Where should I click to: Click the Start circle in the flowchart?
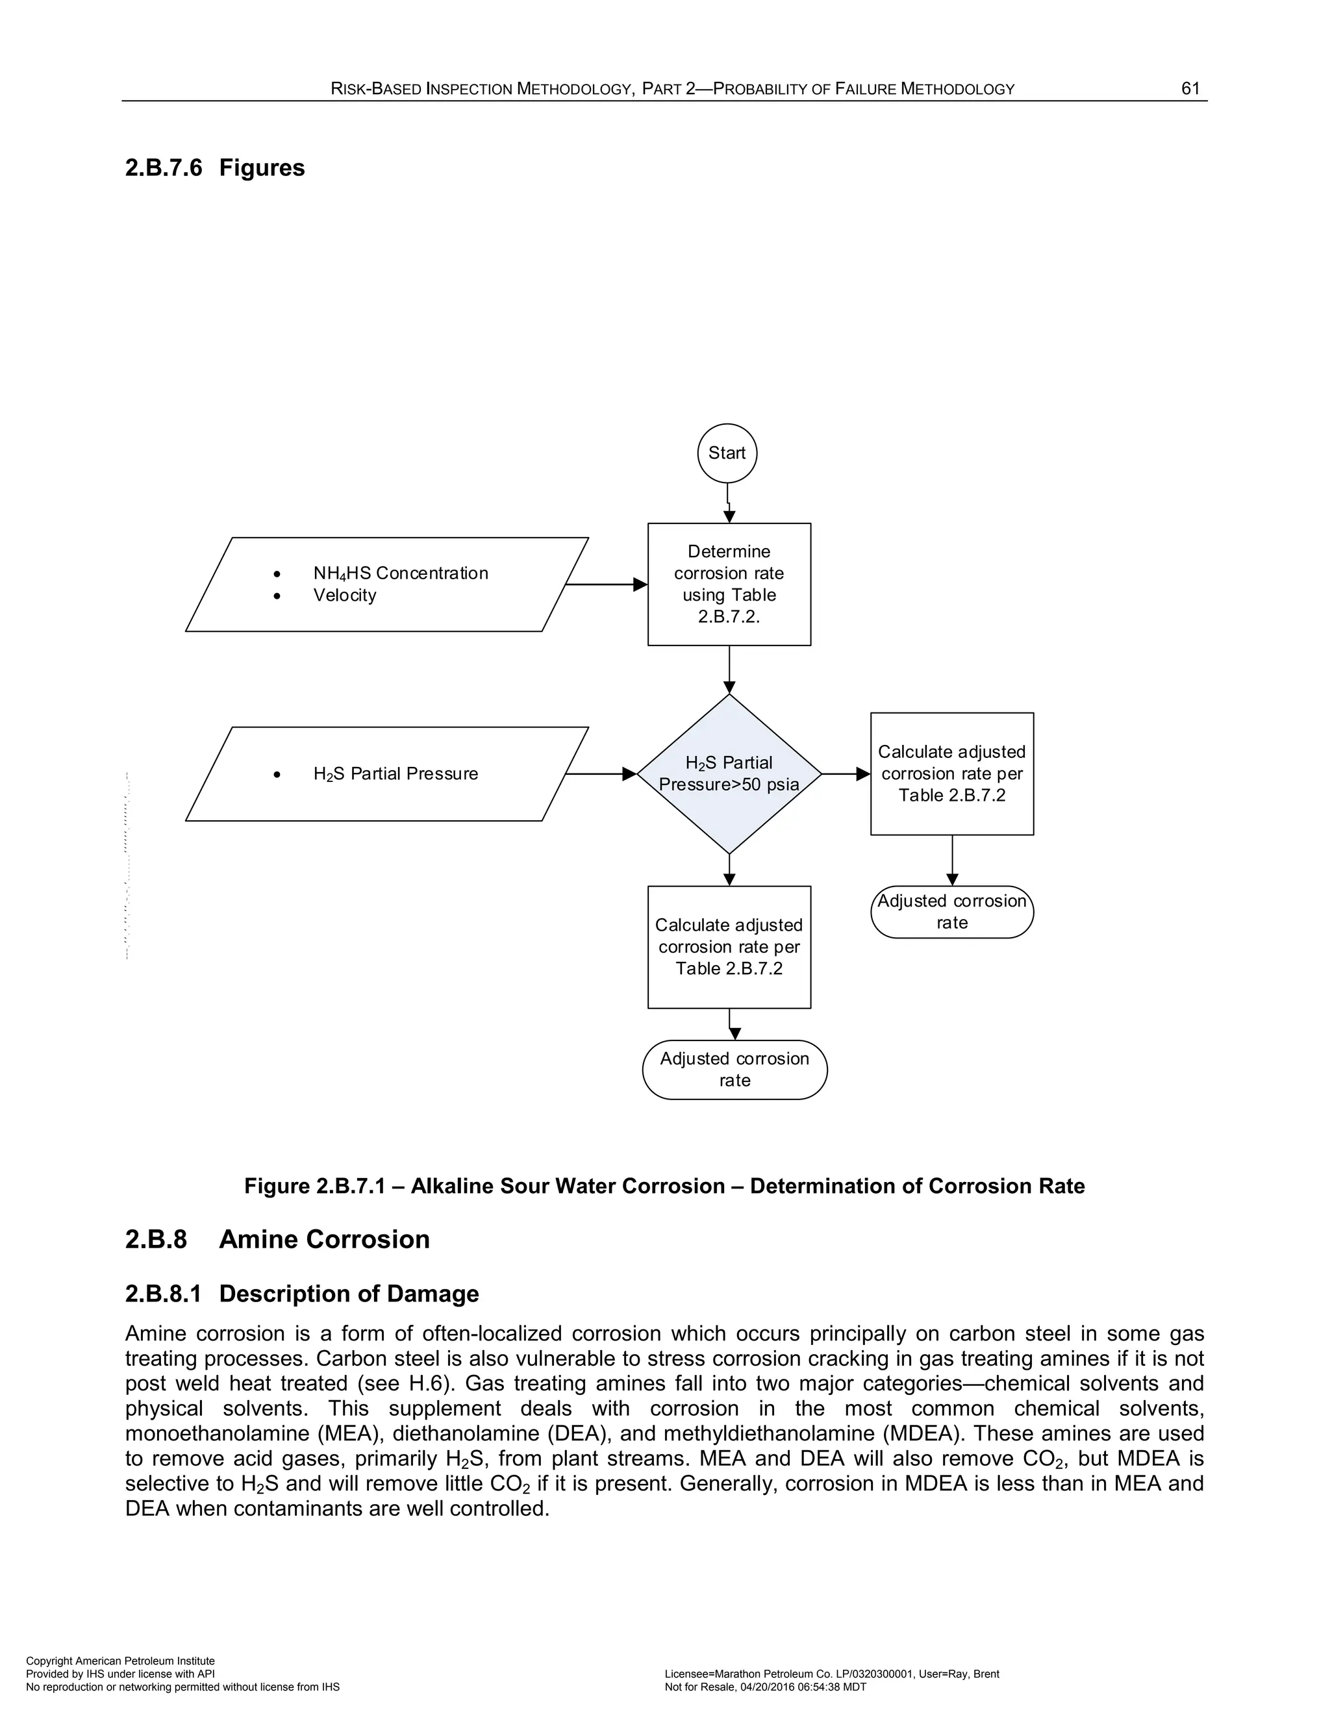(727, 453)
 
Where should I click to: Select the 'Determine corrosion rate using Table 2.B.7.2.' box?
(729, 584)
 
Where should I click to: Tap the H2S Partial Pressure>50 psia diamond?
(729, 774)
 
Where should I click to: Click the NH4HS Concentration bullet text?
(400, 573)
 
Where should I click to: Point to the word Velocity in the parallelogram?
(344, 595)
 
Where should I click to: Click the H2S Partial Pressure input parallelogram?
(386, 774)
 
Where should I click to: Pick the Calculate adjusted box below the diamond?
(729, 946)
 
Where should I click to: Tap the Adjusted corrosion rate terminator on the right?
(952, 912)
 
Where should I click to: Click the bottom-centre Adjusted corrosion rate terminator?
(734, 1070)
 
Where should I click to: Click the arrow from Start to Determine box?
(729, 505)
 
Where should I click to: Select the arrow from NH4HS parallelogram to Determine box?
(607, 584)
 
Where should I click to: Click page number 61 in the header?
(1190, 88)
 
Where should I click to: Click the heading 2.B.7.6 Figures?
(214, 168)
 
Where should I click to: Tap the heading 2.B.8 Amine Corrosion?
(277, 1240)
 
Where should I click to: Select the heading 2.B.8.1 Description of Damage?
(302, 1294)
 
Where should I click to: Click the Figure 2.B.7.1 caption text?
(664, 1186)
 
